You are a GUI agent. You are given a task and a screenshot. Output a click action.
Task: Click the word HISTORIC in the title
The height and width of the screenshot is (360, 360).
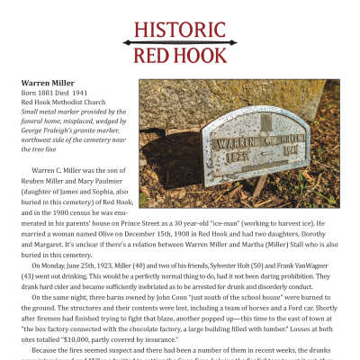[179, 28]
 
